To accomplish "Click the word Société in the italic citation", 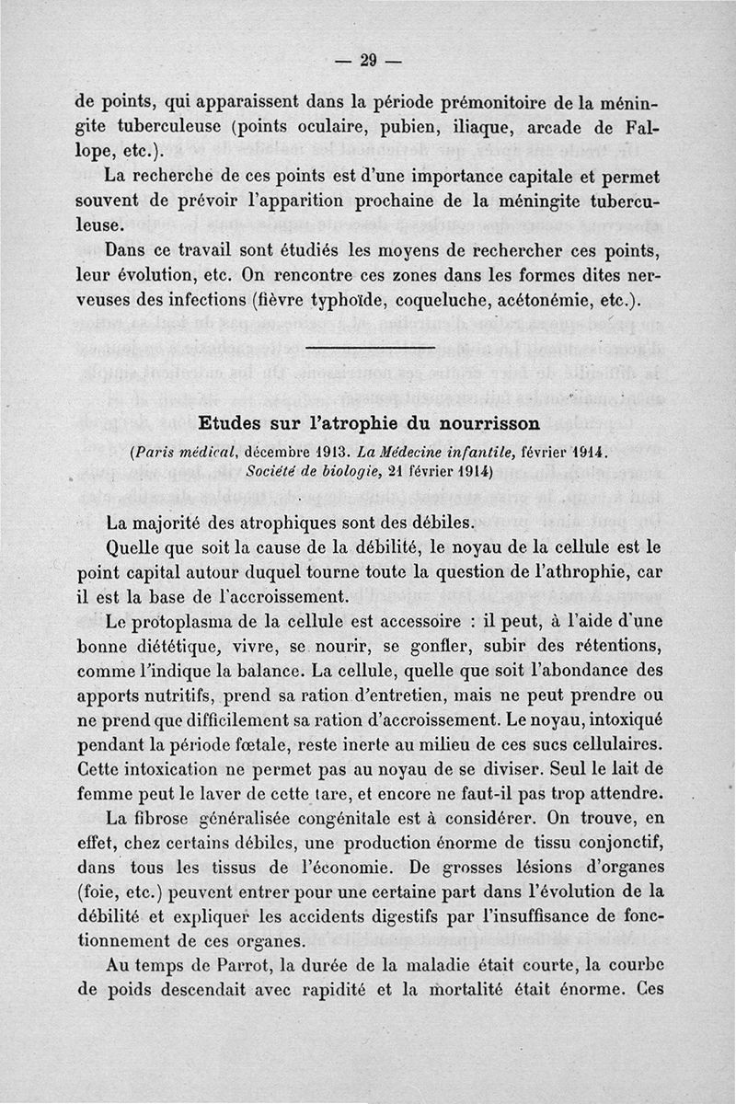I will pos(277,471).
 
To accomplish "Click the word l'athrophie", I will pos(576,570).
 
